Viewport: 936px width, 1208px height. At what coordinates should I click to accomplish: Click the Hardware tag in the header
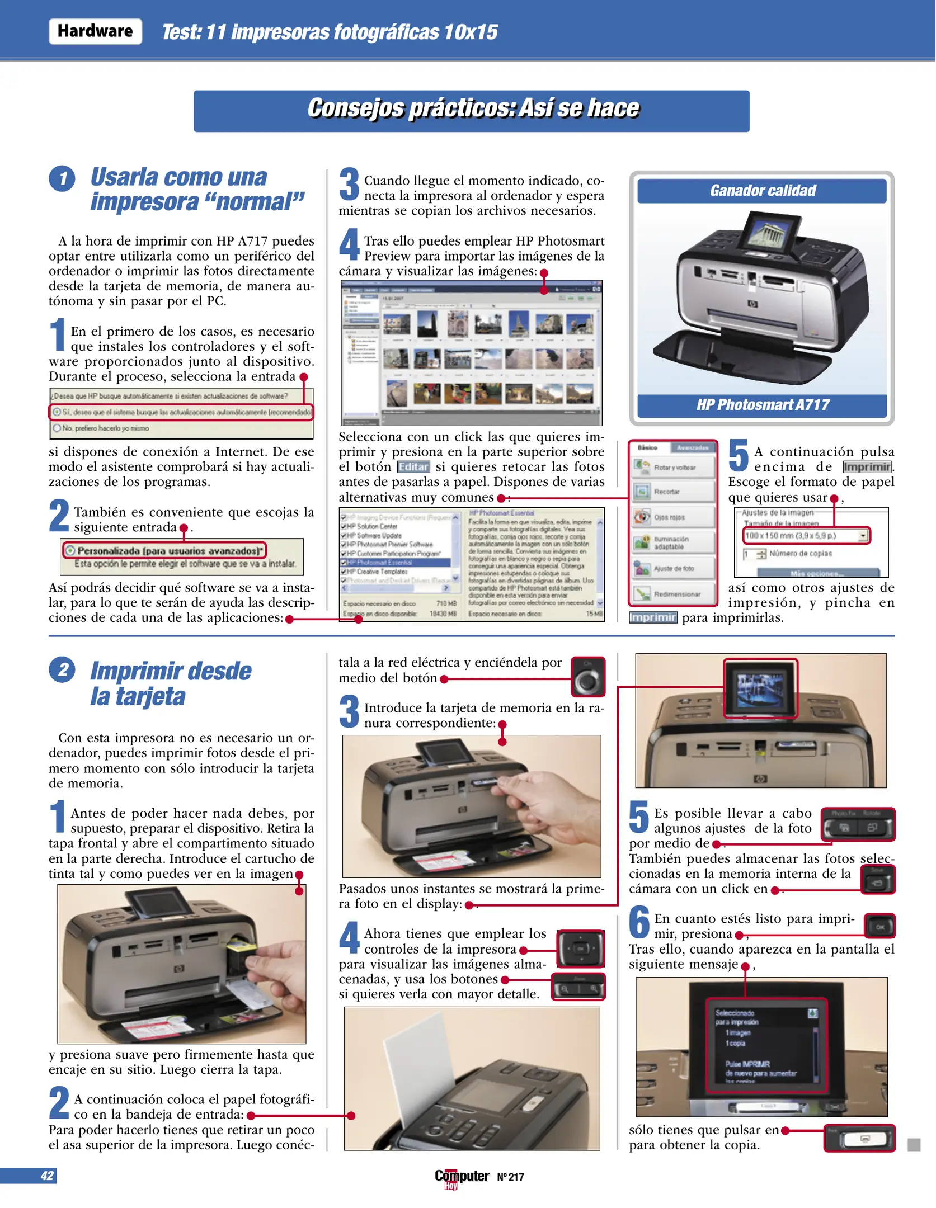click(95, 31)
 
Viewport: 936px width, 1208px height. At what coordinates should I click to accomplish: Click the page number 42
click(47, 1176)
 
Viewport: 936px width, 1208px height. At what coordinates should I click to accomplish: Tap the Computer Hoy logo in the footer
click(462, 1177)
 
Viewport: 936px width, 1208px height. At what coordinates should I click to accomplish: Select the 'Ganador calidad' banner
click(762, 191)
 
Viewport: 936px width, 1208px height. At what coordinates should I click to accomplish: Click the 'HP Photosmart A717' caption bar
click(762, 405)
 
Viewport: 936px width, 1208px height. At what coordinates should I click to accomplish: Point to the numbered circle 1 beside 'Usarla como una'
click(62, 179)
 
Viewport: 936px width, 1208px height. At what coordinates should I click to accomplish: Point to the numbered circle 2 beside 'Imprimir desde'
click(62, 670)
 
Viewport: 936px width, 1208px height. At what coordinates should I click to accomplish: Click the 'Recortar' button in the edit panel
click(674, 492)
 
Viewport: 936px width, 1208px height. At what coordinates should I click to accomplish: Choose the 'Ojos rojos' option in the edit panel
click(674, 517)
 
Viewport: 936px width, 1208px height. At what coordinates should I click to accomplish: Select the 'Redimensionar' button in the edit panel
click(674, 594)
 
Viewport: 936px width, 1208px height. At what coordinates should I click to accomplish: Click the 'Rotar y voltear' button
click(674, 468)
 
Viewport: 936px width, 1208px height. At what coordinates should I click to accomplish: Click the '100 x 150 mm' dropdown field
click(806, 536)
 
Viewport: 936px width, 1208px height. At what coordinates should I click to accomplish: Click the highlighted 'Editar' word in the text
click(413, 467)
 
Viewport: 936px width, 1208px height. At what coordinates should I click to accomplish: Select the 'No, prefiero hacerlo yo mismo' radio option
click(57, 428)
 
